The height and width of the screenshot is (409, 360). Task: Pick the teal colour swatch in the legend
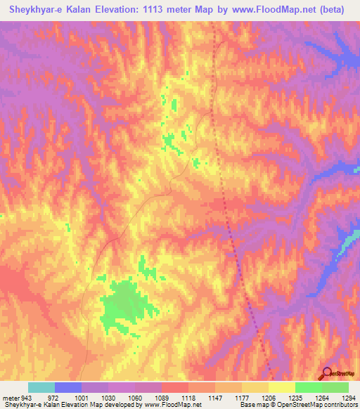pos(41,387)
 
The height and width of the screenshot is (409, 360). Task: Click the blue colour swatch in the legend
pos(67,387)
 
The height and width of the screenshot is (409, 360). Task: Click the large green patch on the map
pos(127,304)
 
